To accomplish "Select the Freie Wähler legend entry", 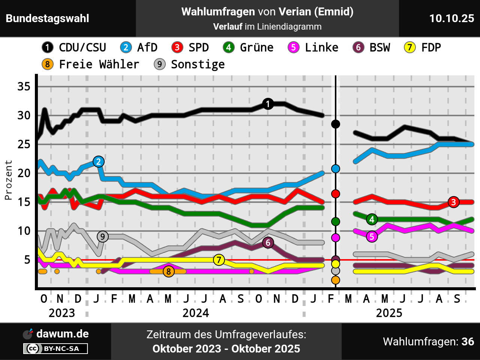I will coord(90,64).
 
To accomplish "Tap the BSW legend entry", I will coord(372,48).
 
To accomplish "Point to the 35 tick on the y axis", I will coord(24,87).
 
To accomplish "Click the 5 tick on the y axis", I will coord(27,259).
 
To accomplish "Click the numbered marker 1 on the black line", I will coord(268,104).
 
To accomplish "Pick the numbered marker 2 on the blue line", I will coord(98,162).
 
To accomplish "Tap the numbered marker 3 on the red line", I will coord(453,202).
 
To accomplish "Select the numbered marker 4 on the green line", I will coord(372,219).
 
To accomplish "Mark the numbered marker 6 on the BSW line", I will coord(268,243).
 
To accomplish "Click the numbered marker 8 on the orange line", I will coord(169,271).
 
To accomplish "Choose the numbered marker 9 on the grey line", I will coord(102,237).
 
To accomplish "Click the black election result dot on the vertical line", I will coord(336,124).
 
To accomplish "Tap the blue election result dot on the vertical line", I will coord(336,169).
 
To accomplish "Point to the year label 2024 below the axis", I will coord(196,313).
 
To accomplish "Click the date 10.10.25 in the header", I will coord(451,18).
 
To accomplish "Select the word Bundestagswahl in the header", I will coord(48,18).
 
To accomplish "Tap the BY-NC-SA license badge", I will coord(55,349).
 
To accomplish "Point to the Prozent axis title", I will coord(8,180).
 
